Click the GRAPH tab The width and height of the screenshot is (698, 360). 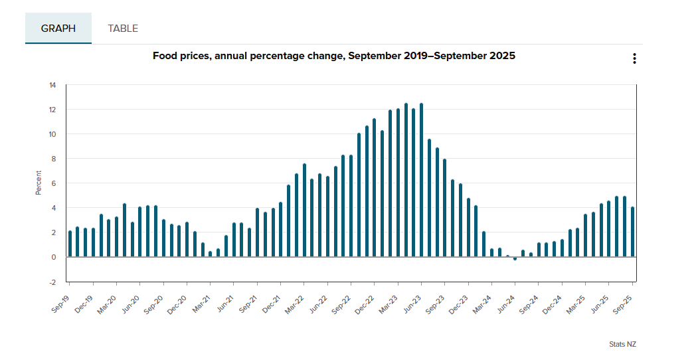(x=58, y=29)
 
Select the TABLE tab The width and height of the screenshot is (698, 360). (x=123, y=29)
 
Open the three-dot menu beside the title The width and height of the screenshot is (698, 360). (x=634, y=58)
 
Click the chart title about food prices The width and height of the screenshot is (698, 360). (x=333, y=56)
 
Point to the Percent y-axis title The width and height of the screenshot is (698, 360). (x=39, y=183)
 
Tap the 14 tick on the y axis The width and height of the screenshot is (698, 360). (x=52, y=85)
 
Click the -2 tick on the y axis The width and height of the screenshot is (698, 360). (x=52, y=282)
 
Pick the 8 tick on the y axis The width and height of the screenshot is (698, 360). (x=54, y=159)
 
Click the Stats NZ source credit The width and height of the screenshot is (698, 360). (x=622, y=344)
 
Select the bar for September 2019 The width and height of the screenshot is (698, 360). (x=70, y=244)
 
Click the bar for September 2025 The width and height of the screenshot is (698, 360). (x=632, y=232)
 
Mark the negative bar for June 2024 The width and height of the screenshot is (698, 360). (x=515, y=258)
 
